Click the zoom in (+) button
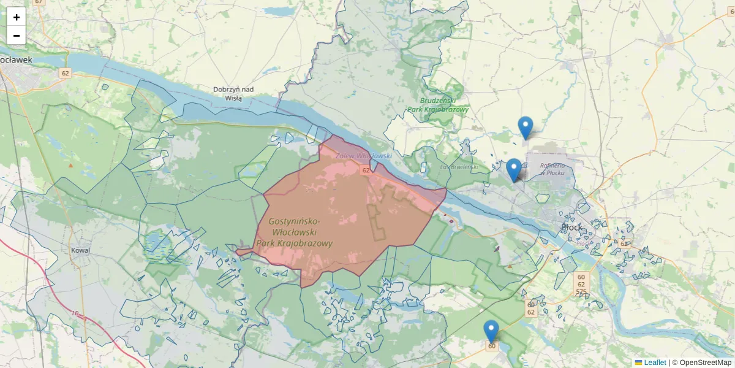17,17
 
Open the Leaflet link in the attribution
654,362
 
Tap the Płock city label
571,228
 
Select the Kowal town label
80,250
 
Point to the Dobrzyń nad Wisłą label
233,93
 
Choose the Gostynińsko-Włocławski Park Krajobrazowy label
294,232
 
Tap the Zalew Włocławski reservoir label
363,156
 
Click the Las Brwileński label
459,166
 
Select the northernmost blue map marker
525,128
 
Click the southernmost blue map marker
491,331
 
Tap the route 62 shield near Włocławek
65,74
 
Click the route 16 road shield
75,314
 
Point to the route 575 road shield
581,292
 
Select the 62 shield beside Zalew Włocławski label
366,171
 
